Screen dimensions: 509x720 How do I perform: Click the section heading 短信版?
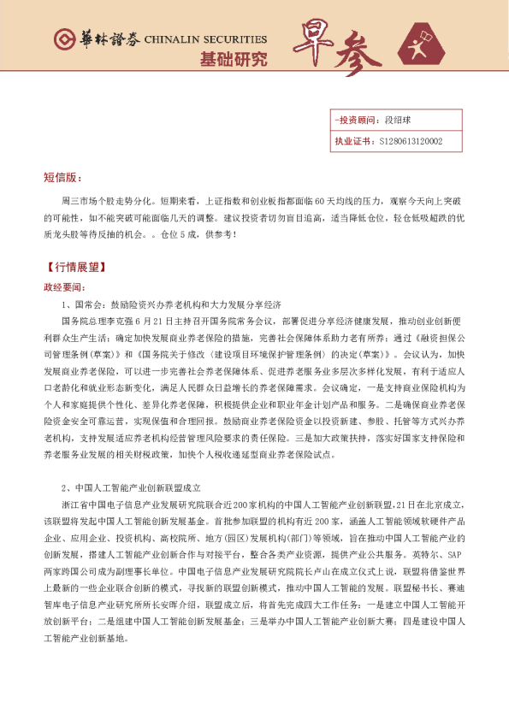tap(63, 178)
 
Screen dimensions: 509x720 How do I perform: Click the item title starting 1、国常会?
tap(171, 304)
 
